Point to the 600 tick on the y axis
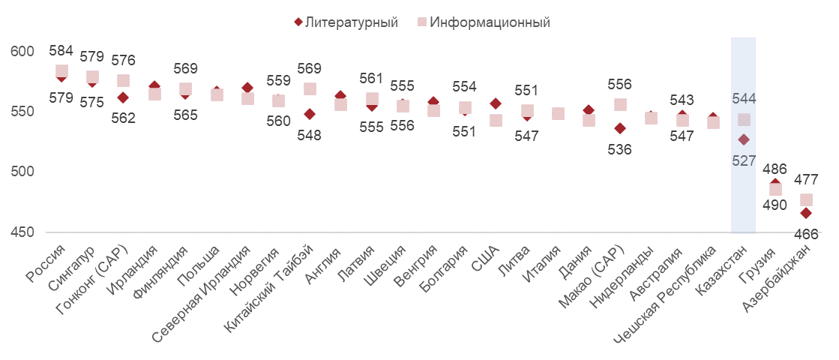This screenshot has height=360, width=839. (x=23, y=52)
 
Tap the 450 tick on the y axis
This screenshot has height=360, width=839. (x=23, y=232)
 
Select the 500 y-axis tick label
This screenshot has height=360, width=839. (x=23, y=172)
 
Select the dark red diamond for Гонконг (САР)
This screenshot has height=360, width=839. (x=123, y=97)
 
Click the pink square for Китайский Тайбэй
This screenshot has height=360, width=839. (x=310, y=89)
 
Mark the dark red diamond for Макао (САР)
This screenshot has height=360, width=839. (x=620, y=128)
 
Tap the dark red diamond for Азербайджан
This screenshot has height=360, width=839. (x=806, y=213)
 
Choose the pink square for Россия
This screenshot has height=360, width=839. (x=61, y=71)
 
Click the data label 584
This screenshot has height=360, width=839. (x=61, y=51)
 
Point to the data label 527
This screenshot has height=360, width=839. (x=743, y=160)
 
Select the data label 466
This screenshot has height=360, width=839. (x=806, y=234)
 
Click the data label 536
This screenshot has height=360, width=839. (x=620, y=149)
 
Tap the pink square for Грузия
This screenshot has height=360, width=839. (x=775, y=189)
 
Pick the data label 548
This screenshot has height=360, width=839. (x=309, y=135)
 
